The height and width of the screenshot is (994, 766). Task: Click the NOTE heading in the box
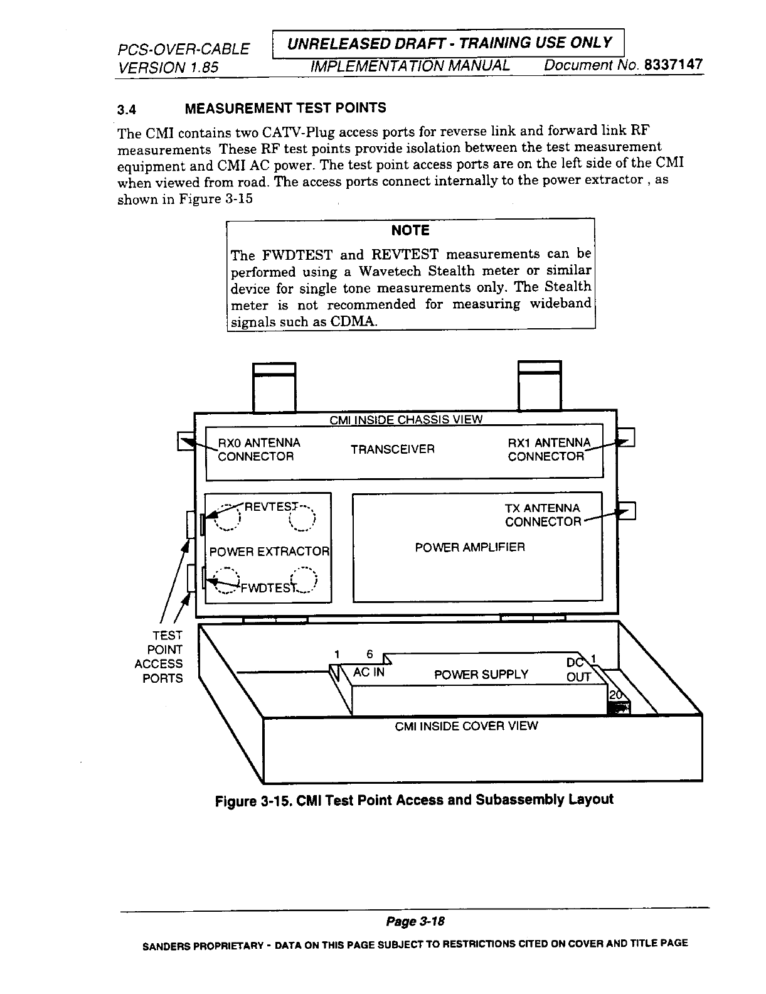(410, 230)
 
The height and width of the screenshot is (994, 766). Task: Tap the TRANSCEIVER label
(393, 449)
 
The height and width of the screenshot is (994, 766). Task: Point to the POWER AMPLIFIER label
(470, 547)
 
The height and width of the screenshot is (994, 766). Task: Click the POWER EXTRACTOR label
(269, 552)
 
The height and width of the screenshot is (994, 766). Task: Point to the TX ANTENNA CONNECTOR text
(543, 515)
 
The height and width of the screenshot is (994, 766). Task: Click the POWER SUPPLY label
(481, 675)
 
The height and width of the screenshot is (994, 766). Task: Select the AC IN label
(369, 672)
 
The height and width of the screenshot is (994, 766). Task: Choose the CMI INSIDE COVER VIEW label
(466, 726)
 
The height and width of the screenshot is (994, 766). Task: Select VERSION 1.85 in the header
(168, 67)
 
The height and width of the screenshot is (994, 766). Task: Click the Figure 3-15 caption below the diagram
(414, 800)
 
